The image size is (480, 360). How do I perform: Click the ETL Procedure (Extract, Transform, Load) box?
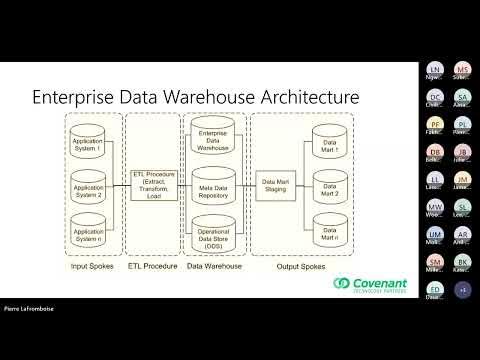[153, 185]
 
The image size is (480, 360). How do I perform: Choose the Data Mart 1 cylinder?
[329, 142]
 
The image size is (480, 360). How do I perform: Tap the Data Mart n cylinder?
[329, 229]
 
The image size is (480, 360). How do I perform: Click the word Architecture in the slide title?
[300, 98]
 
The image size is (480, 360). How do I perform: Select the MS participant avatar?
[462, 71]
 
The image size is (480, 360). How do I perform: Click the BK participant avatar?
[462, 262]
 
